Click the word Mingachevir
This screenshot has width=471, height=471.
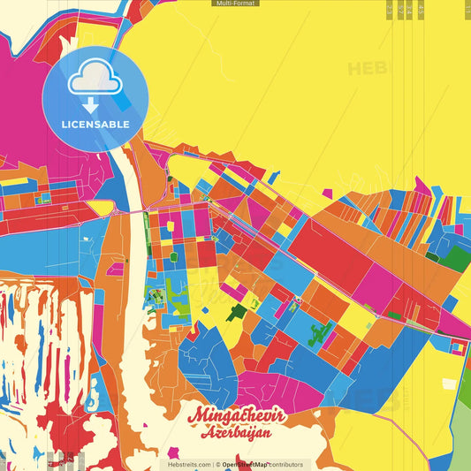pos(229,414)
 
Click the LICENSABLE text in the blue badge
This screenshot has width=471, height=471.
pos(95,124)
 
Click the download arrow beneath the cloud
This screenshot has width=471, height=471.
pos(92,105)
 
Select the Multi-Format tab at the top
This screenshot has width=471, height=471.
pos(235,4)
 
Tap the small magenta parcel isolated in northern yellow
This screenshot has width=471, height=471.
pos(327,193)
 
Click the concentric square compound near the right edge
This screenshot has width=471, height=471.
pos(457,348)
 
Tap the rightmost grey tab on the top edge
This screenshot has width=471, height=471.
pos(420,9)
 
